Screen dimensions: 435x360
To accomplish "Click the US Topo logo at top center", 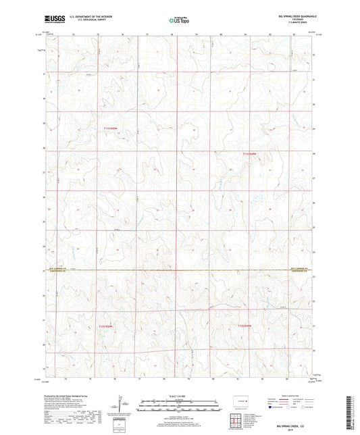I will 179,20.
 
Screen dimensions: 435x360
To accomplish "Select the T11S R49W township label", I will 249,155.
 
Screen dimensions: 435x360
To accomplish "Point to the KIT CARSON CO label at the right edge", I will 299,268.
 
